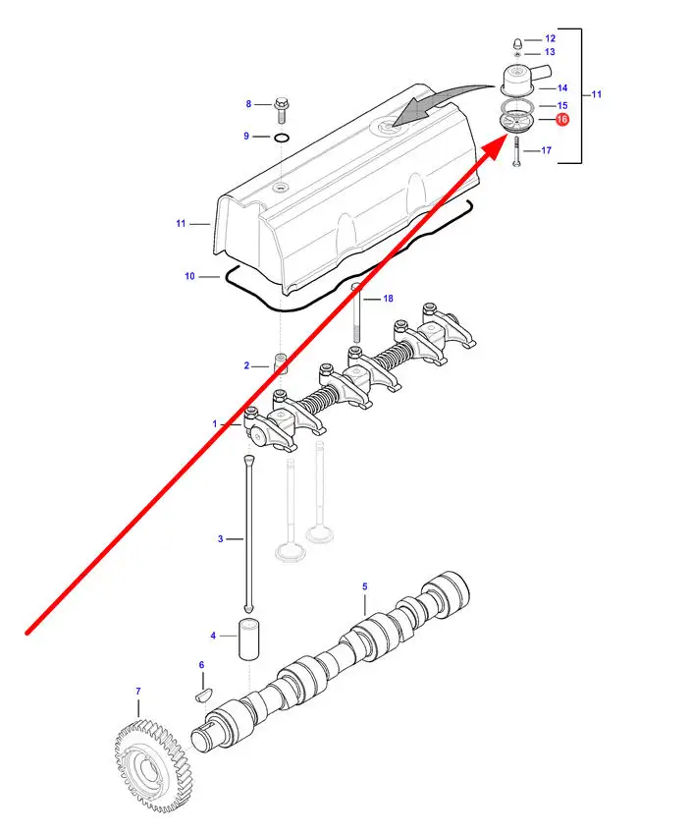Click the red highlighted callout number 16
561,120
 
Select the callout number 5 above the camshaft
365,586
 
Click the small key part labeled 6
204,694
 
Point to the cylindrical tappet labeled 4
249,640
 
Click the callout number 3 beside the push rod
221,539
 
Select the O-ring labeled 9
282,139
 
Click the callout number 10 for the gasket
189,276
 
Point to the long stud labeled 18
356,314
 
